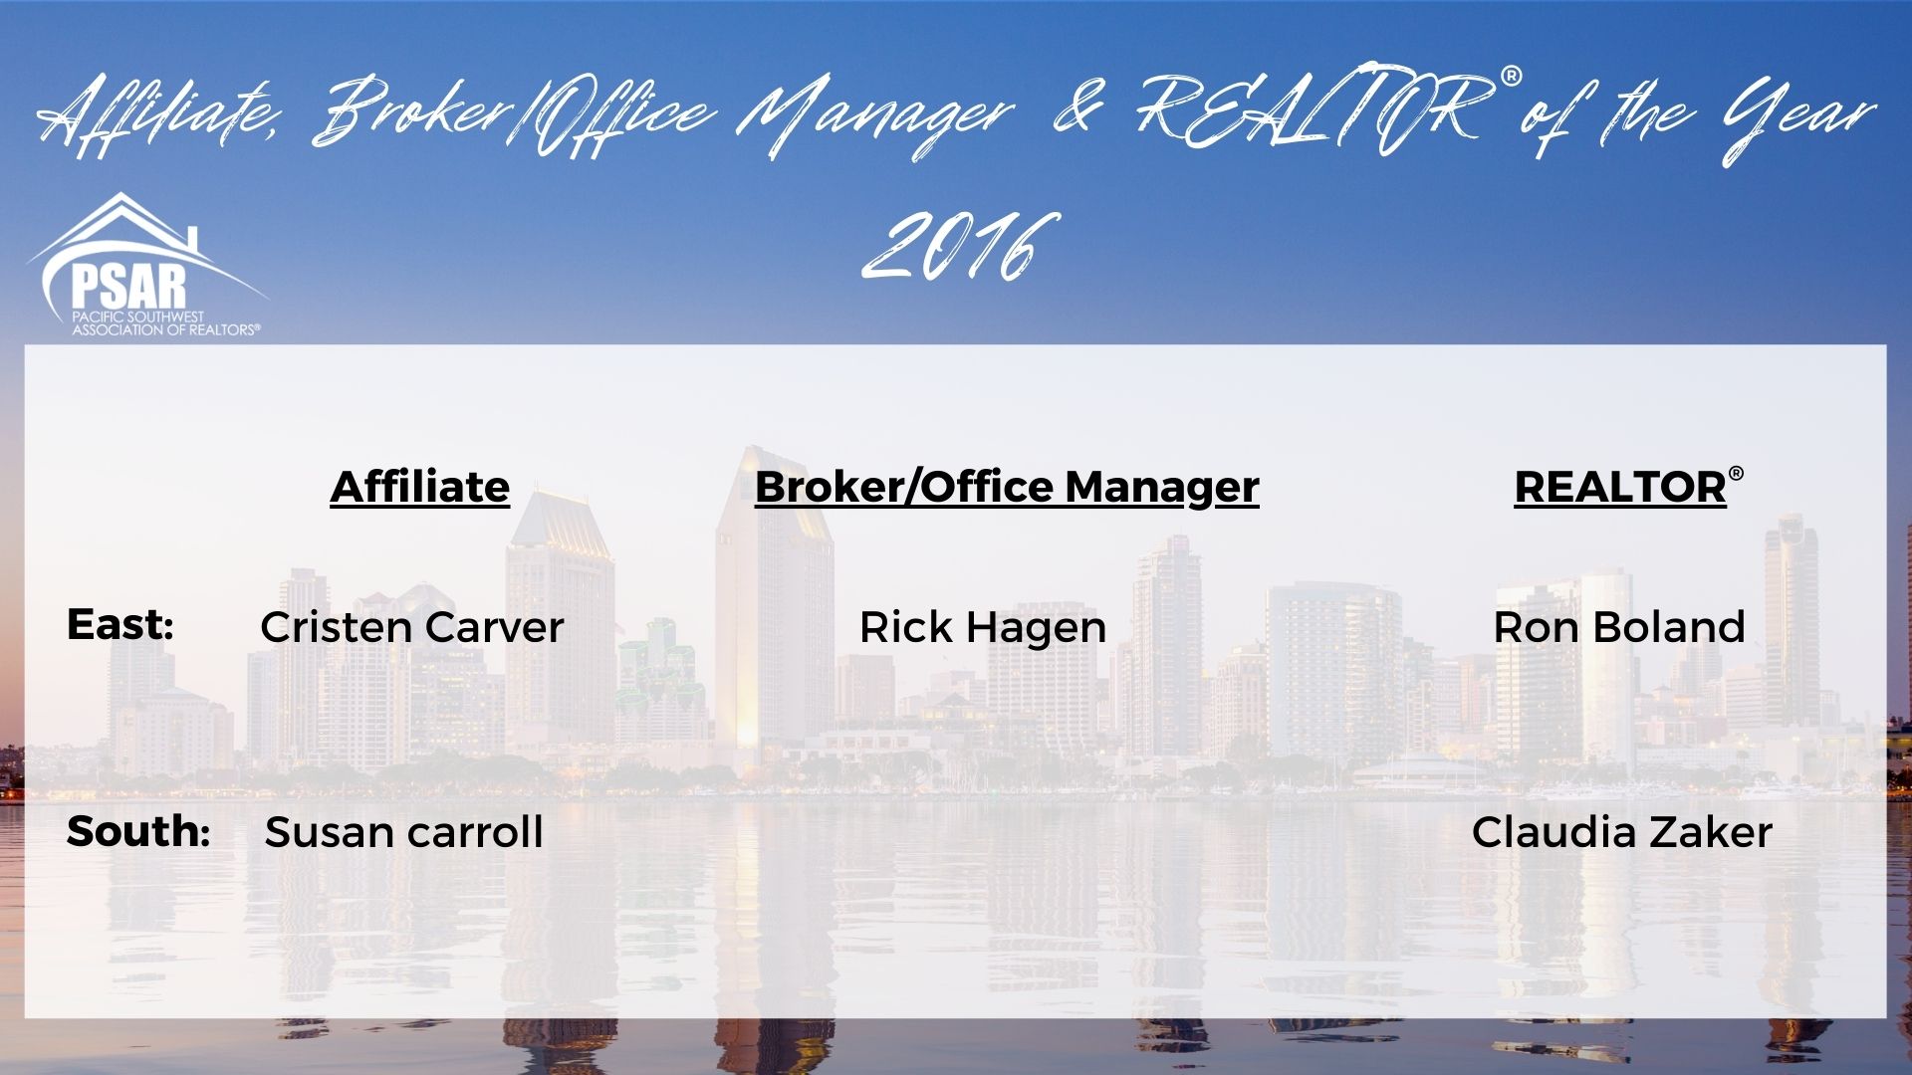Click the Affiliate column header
click(x=419, y=488)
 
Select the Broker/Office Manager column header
click(x=1007, y=488)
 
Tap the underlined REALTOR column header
click(x=1620, y=488)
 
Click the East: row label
click(x=120, y=625)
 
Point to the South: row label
click(x=138, y=832)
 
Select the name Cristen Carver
click(x=412, y=628)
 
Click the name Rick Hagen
click(x=983, y=628)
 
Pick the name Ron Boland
click(x=1619, y=628)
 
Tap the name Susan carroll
click(x=404, y=832)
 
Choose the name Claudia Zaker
click(x=1622, y=832)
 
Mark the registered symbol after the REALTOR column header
click(x=1736, y=474)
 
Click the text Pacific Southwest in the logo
click(x=137, y=318)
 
